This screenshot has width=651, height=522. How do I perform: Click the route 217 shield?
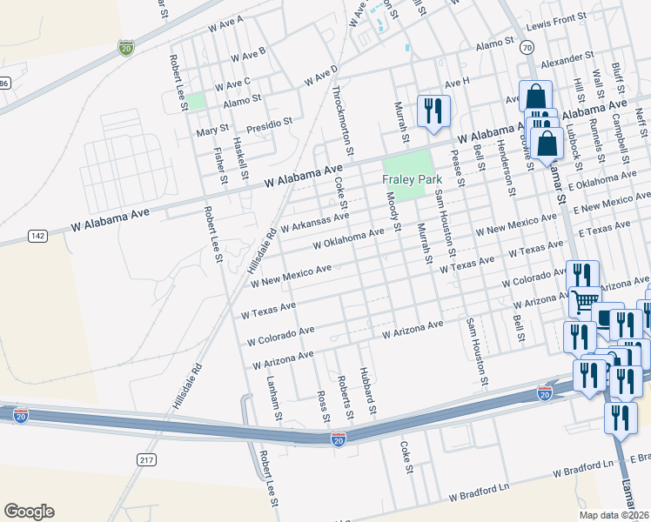pos(146,459)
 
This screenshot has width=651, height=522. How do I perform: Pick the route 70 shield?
pos(527,49)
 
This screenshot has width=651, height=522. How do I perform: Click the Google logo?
pos(29,511)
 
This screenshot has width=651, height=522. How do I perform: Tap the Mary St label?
pos(211,130)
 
